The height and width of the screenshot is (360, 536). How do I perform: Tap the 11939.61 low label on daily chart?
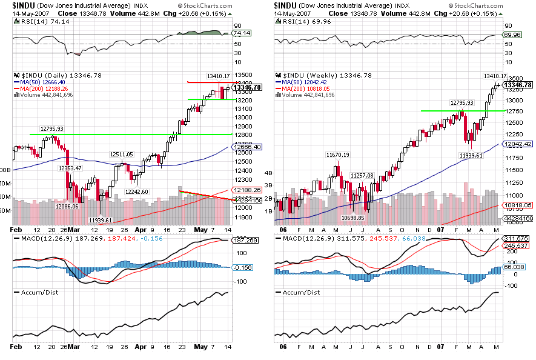pyautogui.click(x=101, y=220)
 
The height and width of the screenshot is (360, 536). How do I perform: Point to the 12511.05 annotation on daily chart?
pyautogui.click(x=122, y=155)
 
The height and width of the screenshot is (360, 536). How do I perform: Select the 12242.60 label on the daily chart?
pyautogui.click(x=137, y=192)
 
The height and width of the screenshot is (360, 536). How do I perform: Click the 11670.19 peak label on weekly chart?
pyautogui.click(x=338, y=155)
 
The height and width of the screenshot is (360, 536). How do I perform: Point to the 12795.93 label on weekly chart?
pyautogui.click(x=461, y=103)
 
